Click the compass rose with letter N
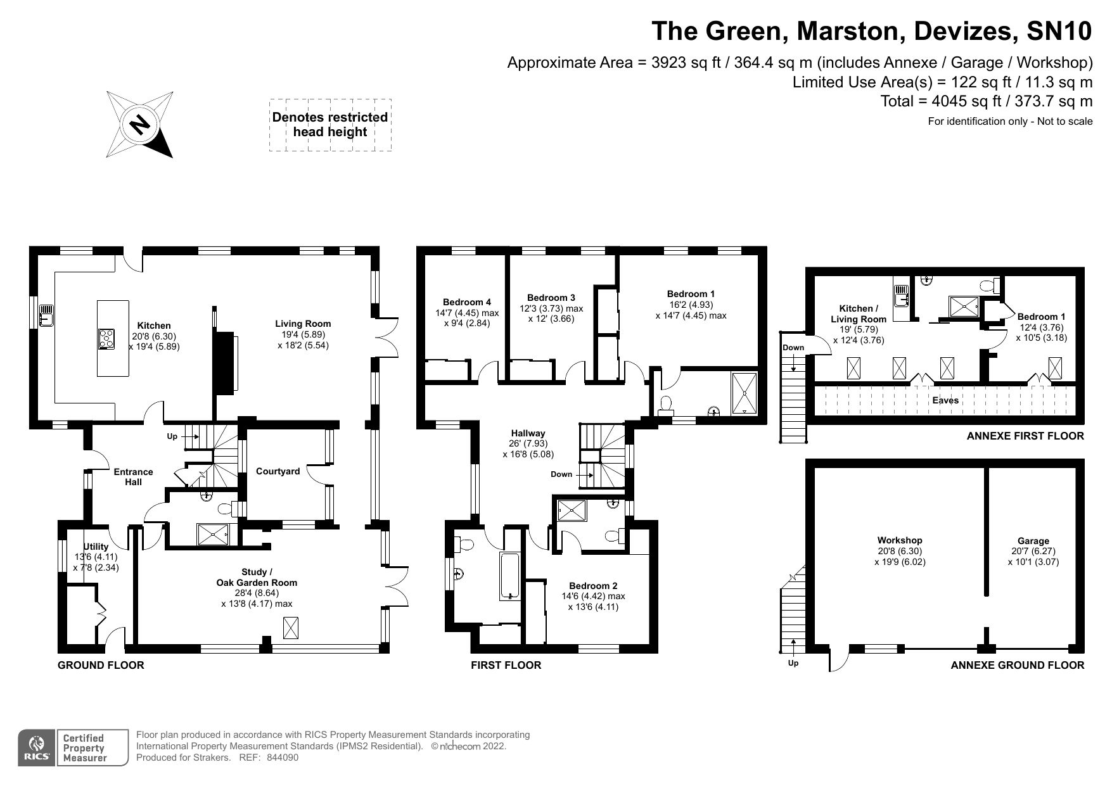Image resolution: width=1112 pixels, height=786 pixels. click(x=139, y=124)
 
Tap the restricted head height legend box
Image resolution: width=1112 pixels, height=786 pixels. click(x=330, y=125)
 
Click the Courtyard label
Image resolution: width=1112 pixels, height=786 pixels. click(x=278, y=471)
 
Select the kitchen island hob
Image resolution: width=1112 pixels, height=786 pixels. click(x=106, y=339)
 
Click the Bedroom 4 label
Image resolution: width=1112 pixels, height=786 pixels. click(x=466, y=302)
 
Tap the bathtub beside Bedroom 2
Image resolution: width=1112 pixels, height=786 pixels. click(x=510, y=575)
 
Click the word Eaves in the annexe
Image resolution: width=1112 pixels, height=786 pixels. click(x=945, y=400)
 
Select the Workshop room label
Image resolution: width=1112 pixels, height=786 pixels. click(x=899, y=540)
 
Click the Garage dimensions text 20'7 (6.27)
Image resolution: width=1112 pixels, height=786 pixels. click(x=1033, y=551)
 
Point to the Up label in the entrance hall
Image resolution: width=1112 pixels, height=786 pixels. click(x=172, y=436)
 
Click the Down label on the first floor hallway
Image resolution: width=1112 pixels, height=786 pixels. click(x=561, y=474)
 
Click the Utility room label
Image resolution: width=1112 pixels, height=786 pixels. click(x=96, y=547)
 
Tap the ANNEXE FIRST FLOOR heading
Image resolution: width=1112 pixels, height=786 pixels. click(x=1025, y=436)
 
